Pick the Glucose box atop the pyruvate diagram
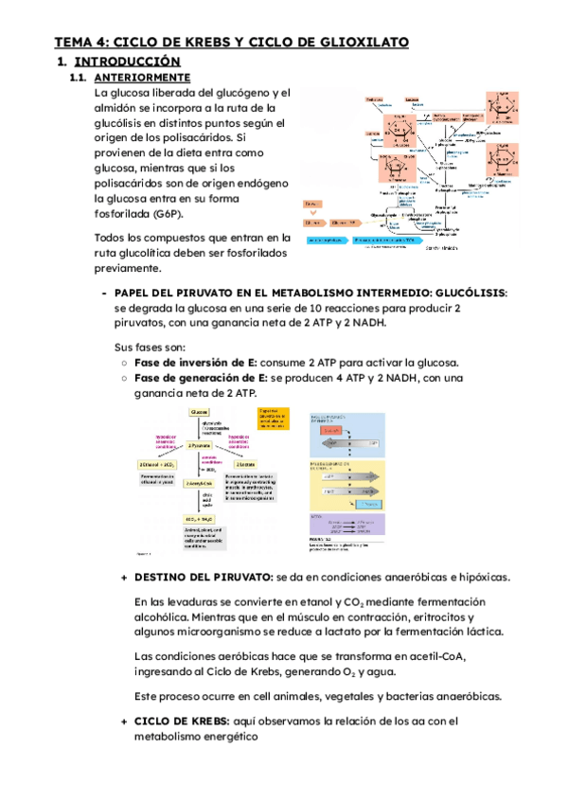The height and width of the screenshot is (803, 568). point(200,413)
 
